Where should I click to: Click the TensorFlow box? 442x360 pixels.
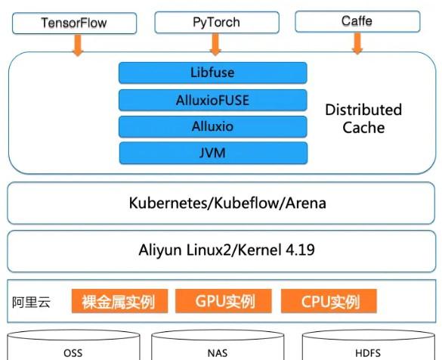click(74, 23)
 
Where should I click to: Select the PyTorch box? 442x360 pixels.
click(217, 22)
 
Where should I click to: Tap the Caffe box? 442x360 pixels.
click(357, 21)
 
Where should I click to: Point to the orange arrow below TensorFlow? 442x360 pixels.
click(78, 45)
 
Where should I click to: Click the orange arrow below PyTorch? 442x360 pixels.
click(215, 45)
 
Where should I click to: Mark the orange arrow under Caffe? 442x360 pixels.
click(357, 43)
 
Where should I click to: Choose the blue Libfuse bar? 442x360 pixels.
click(213, 73)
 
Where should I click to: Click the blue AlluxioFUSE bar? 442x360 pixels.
click(213, 100)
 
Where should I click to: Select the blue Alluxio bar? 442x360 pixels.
click(213, 126)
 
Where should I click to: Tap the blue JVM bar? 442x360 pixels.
click(213, 153)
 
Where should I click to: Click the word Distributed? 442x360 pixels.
click(363, 110)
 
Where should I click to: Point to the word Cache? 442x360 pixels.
click(363, 128)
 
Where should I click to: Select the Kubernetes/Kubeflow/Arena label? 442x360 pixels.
click(227, 203)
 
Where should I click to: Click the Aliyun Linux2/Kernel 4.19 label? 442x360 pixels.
click(227, 250)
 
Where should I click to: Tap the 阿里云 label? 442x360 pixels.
click(31, 303)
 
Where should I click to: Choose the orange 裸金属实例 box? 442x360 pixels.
click(119, 301)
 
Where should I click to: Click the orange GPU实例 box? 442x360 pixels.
click(224, 301)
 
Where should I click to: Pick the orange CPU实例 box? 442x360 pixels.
click(329, 301)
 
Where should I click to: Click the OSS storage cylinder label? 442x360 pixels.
click(73, 353)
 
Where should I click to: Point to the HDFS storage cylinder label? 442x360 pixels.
click(368, 353)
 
